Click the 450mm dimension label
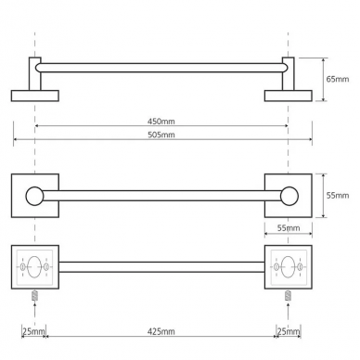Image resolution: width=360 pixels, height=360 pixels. [x=161, y=122]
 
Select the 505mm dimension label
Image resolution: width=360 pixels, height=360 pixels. [x=161, y=135]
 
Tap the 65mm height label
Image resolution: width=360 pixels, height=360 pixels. [x=338, y=79]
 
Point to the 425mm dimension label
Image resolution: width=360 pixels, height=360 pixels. [x=161, y=331]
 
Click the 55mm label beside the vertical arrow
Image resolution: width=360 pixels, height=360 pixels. [x=338, y=196]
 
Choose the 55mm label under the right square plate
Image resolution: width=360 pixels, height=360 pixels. [x=289, y=228]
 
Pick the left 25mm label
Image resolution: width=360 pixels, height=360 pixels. [x=34, y=331]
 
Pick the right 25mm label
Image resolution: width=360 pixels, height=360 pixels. [x=289, y=331]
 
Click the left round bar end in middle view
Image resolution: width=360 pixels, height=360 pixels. [x=34, y=196]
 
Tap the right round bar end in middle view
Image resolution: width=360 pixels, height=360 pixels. [x=289, y=196]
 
